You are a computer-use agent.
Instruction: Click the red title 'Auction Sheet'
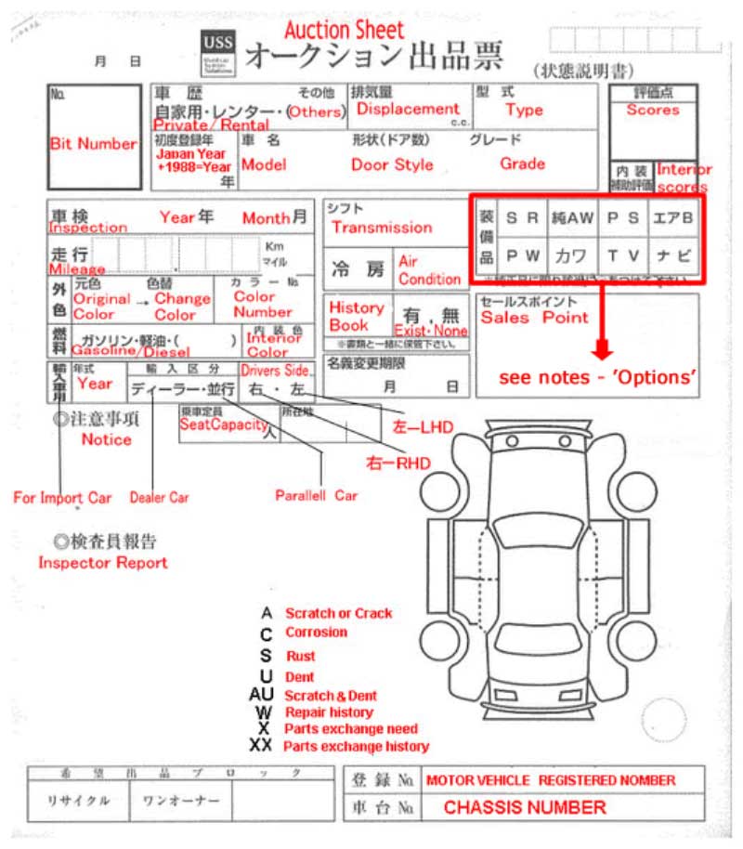pyautogui.click(x=344, y=31)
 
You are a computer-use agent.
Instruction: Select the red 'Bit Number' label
pyautogui.click(x=93, y=144)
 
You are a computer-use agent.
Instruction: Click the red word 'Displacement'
pyautogui.click(x=408, y=110)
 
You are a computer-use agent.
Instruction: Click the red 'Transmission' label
pyautogui.click(x=381, y=228)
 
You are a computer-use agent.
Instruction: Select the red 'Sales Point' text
pyautogui.click(x=534, y=318)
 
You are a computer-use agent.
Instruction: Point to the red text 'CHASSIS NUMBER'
pyautogui.click(x=525, y=807)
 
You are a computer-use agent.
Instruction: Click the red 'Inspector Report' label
pyautogui.click(x=102, y=563)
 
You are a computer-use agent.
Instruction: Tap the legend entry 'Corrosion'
pyautogui.click(x=316, y=633)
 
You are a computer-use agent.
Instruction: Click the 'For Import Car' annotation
pyautogui.click(x=61, y=498)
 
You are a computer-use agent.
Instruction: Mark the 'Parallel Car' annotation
pyautogui.click(x=316, y=496)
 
